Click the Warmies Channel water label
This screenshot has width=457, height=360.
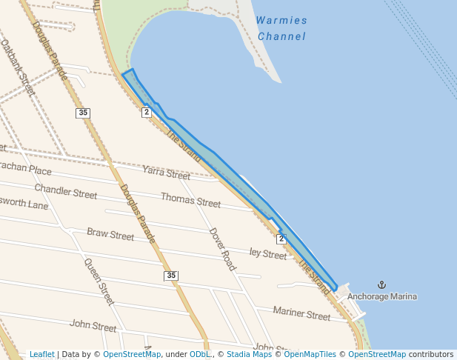[281, 28]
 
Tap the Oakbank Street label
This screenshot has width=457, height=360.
[18, 68]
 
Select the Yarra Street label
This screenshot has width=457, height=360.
[167, 174]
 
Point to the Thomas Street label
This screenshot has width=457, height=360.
[190, 199]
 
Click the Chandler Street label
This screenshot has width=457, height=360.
[65, 192]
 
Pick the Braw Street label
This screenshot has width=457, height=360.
[110, 234]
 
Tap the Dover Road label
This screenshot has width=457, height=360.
[221, 248]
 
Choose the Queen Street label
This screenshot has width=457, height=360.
[99, 281]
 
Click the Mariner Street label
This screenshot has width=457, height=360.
[301, 314]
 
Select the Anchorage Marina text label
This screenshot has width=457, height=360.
[381, 296]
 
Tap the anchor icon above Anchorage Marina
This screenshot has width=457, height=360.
[382, 284]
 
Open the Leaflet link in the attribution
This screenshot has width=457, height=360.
[41, 354]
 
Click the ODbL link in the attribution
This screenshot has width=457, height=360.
[200, 354]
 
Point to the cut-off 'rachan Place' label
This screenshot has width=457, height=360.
[26, 170]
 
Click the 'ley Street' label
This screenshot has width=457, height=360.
[267, 254]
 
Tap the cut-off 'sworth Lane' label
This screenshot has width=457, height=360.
[24, 204]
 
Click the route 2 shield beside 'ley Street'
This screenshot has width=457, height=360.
[281, 239]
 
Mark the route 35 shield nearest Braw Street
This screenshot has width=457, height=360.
[171, 276]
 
